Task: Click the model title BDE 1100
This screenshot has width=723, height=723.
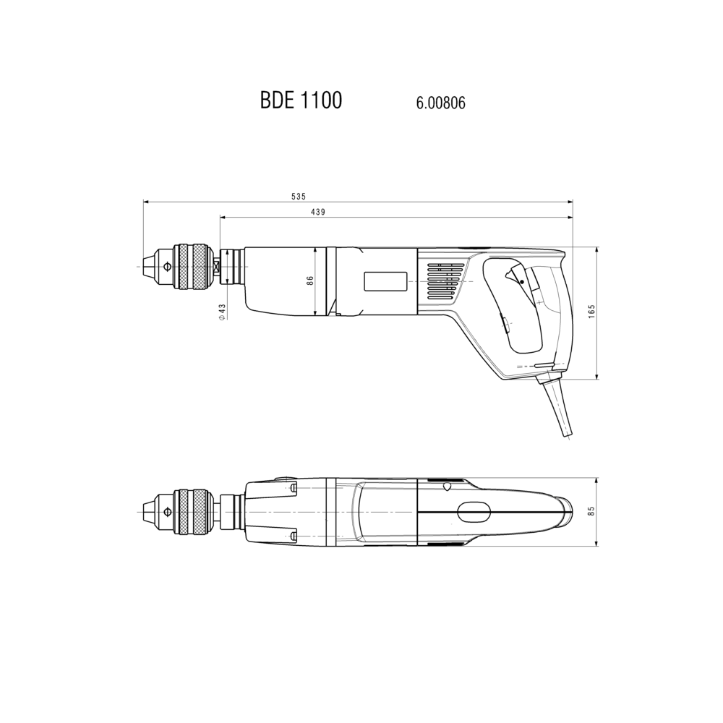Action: tap(301, 100)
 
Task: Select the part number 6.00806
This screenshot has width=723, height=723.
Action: tap(440, 103)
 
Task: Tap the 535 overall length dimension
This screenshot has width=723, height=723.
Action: tap(299, 197)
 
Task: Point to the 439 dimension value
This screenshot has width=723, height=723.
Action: tap(317, 212)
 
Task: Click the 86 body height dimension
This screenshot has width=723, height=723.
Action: tap(310, 281)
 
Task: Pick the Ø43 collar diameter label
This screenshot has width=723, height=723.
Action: tap(222, 312)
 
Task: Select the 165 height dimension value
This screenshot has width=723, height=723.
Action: tap(592, 311)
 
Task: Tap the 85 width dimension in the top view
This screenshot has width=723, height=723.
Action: tap(592, 511)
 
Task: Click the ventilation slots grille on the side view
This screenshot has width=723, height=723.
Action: tap(445, 283)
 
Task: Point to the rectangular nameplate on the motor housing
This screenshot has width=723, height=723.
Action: tap(385, 281)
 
